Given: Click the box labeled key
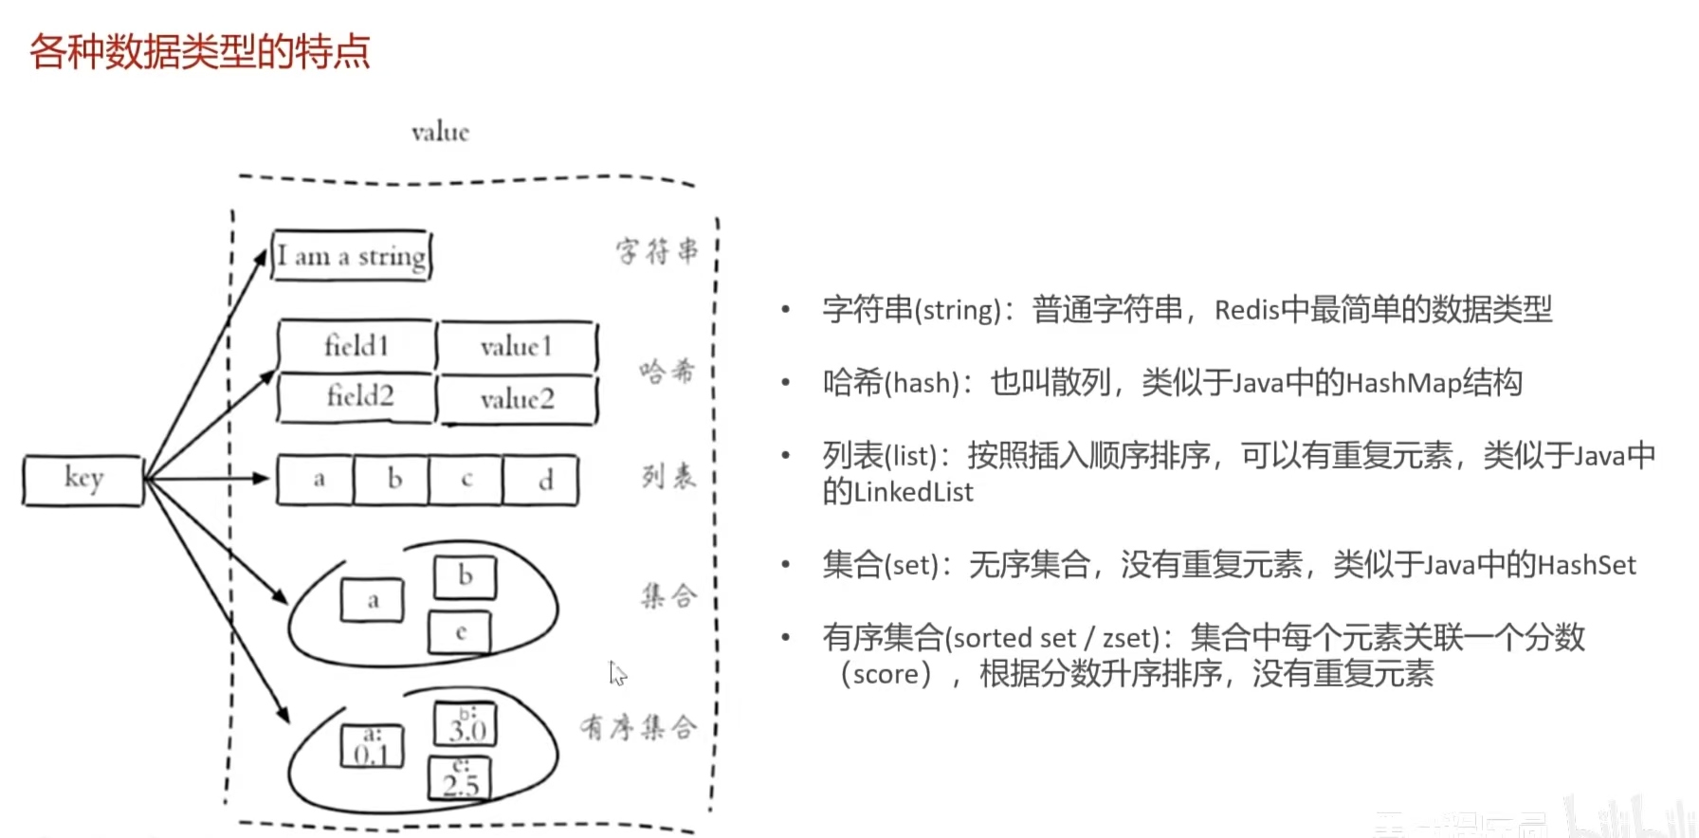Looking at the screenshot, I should point(83,480).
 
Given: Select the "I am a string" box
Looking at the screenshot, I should point(352,256).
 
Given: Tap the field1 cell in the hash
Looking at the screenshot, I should point(356,346).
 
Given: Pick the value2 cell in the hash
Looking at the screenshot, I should point(517,399).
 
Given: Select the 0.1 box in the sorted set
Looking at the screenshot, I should point(372,747).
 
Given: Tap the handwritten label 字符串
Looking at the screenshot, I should point(657,251).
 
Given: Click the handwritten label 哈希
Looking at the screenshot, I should point(667,371).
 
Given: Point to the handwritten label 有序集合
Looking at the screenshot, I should point(638,727).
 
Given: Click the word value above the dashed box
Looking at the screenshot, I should point(440,132).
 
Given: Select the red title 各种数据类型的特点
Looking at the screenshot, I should point(199,51).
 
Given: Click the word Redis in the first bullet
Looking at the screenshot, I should point(1247,310).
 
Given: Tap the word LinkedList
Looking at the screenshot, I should point(913,492).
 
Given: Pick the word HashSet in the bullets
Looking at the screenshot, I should point(1586,565).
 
